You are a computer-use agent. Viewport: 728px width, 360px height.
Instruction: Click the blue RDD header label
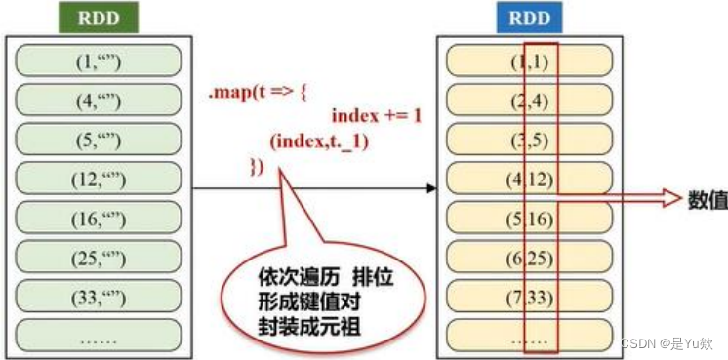530,17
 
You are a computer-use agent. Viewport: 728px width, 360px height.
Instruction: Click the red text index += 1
376,115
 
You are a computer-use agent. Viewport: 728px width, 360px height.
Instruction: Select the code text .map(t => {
256,94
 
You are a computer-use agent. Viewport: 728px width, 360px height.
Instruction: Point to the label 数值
706,199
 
